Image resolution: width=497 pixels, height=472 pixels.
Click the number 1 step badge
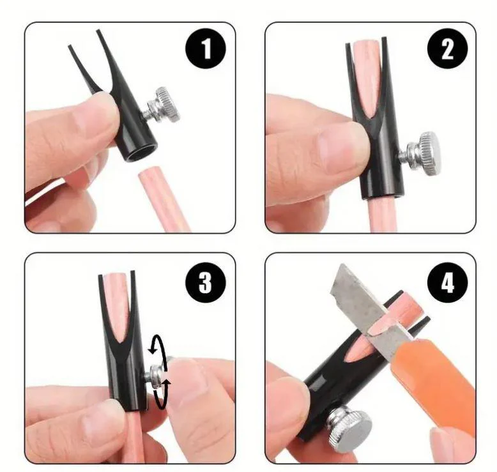pyautogui.click(x=206, y=49)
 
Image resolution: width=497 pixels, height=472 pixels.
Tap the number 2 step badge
pyautogui.click(x=447, y=49)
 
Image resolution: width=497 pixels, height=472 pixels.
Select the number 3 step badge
pyautogui.click(x=206, y=282)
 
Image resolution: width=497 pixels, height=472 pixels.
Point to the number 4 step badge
pyautogui.click(x=447, y=282)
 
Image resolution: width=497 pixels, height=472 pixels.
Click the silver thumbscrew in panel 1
pyautogui.click(x=162, y=105)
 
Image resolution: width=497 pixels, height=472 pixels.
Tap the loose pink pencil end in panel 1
pyautogui.click(x=164, y=201)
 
